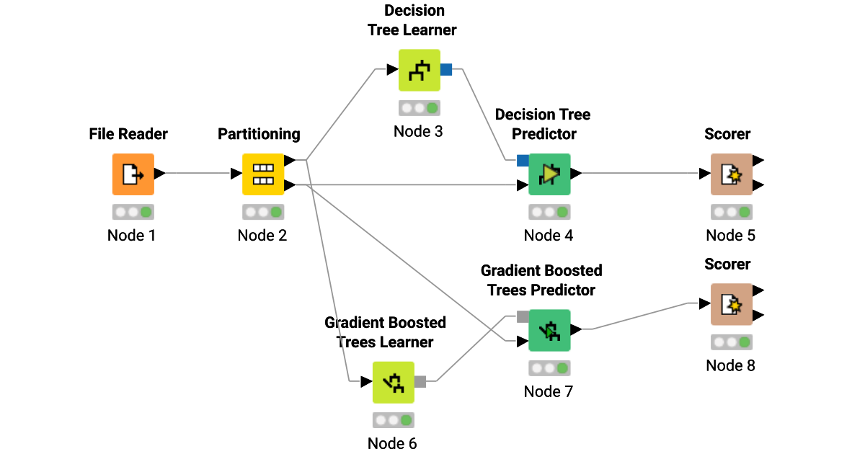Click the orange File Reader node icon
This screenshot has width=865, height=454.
pyautogui.click(x=133, y=174)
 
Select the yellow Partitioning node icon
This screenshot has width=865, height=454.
pyautogui.click(x=262, y=174)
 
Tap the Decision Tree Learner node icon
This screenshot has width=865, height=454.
pyautogui.click(x=419, y=70)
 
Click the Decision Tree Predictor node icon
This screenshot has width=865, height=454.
pyautogui.click(x=549, y=174)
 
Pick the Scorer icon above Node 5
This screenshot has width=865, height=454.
pyautogui.click(x=731, y=174)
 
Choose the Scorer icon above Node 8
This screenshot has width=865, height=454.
pyautogui.click(x=731, y=304)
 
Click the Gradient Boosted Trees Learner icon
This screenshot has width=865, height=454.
pyautogui.click(x=393, y=382)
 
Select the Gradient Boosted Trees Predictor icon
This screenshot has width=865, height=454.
pyautogui.click(x=549, y=330)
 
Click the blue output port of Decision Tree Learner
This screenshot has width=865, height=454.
pyautogui.click(x=446, y=70)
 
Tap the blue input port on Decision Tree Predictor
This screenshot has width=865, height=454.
pyautogui.click(x=523, y=161)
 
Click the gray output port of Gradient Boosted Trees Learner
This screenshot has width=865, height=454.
pyautogui.click(x=420, y=382)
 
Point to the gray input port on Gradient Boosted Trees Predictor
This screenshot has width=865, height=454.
pyautogui.click(x=523, y=316)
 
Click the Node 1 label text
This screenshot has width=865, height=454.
pyautogui.click(x=131, y=236)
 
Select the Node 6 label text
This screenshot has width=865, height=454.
pyautogui.click(x=392, y=443)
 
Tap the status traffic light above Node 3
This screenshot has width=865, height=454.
pyautogui.click(x=420, y=108)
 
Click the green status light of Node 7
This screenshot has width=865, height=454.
pyautogui.click(x=562, y=368)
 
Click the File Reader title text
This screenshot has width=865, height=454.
pyautogui.click(x=128, y=134)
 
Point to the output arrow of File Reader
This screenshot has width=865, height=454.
pyautogui.click(x=159, y=174)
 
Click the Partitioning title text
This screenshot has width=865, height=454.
pyautogui.click(x=259, y=134)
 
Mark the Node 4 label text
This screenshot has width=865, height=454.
pyautogui.click(x=549, y=236)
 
